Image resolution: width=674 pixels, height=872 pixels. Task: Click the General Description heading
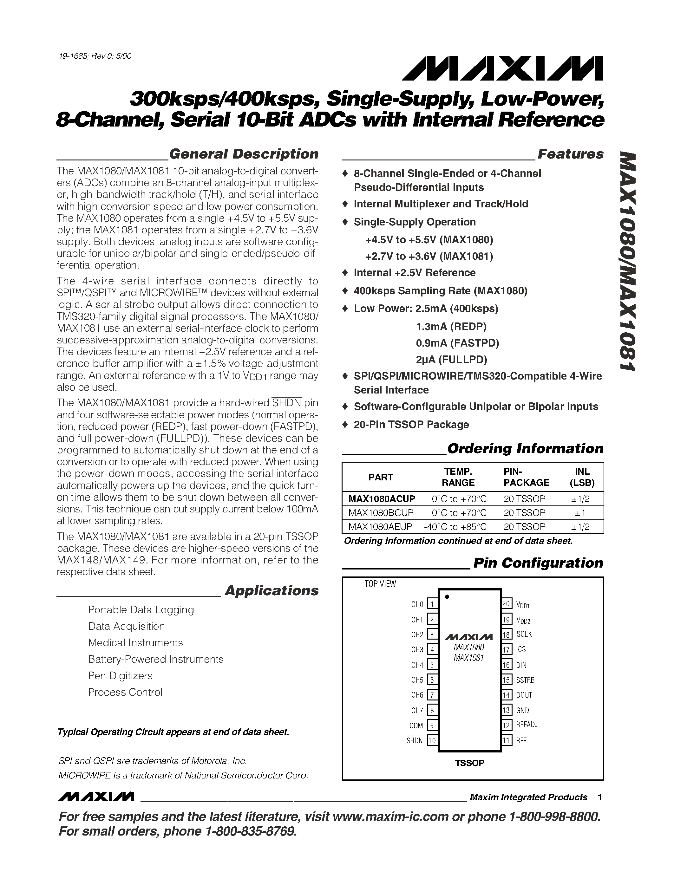(x=244, y=154)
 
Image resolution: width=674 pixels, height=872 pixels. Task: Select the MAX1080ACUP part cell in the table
(x=381, y=499)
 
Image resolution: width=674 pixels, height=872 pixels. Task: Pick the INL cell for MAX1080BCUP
(x=582, y=513)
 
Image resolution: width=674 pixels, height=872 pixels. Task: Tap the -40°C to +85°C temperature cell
(x=455, y=527)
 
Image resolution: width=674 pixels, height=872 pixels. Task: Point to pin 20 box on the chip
(x=506, y=604)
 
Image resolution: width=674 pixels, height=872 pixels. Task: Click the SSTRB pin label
(x=525, y=680)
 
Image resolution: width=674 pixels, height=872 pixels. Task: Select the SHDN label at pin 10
(x=415, y=741)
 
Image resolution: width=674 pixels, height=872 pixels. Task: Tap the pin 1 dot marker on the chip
(x=447, y=597)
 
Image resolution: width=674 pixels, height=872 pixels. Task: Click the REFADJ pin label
(x=526, y=725)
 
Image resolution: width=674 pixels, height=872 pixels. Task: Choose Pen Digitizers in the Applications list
(x=120, y=675)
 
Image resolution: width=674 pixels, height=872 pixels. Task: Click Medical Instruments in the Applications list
(x=135, y=642)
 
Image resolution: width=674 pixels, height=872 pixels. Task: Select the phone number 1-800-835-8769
(x=251, y=831)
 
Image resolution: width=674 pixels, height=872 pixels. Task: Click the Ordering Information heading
(x=525, y=448)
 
